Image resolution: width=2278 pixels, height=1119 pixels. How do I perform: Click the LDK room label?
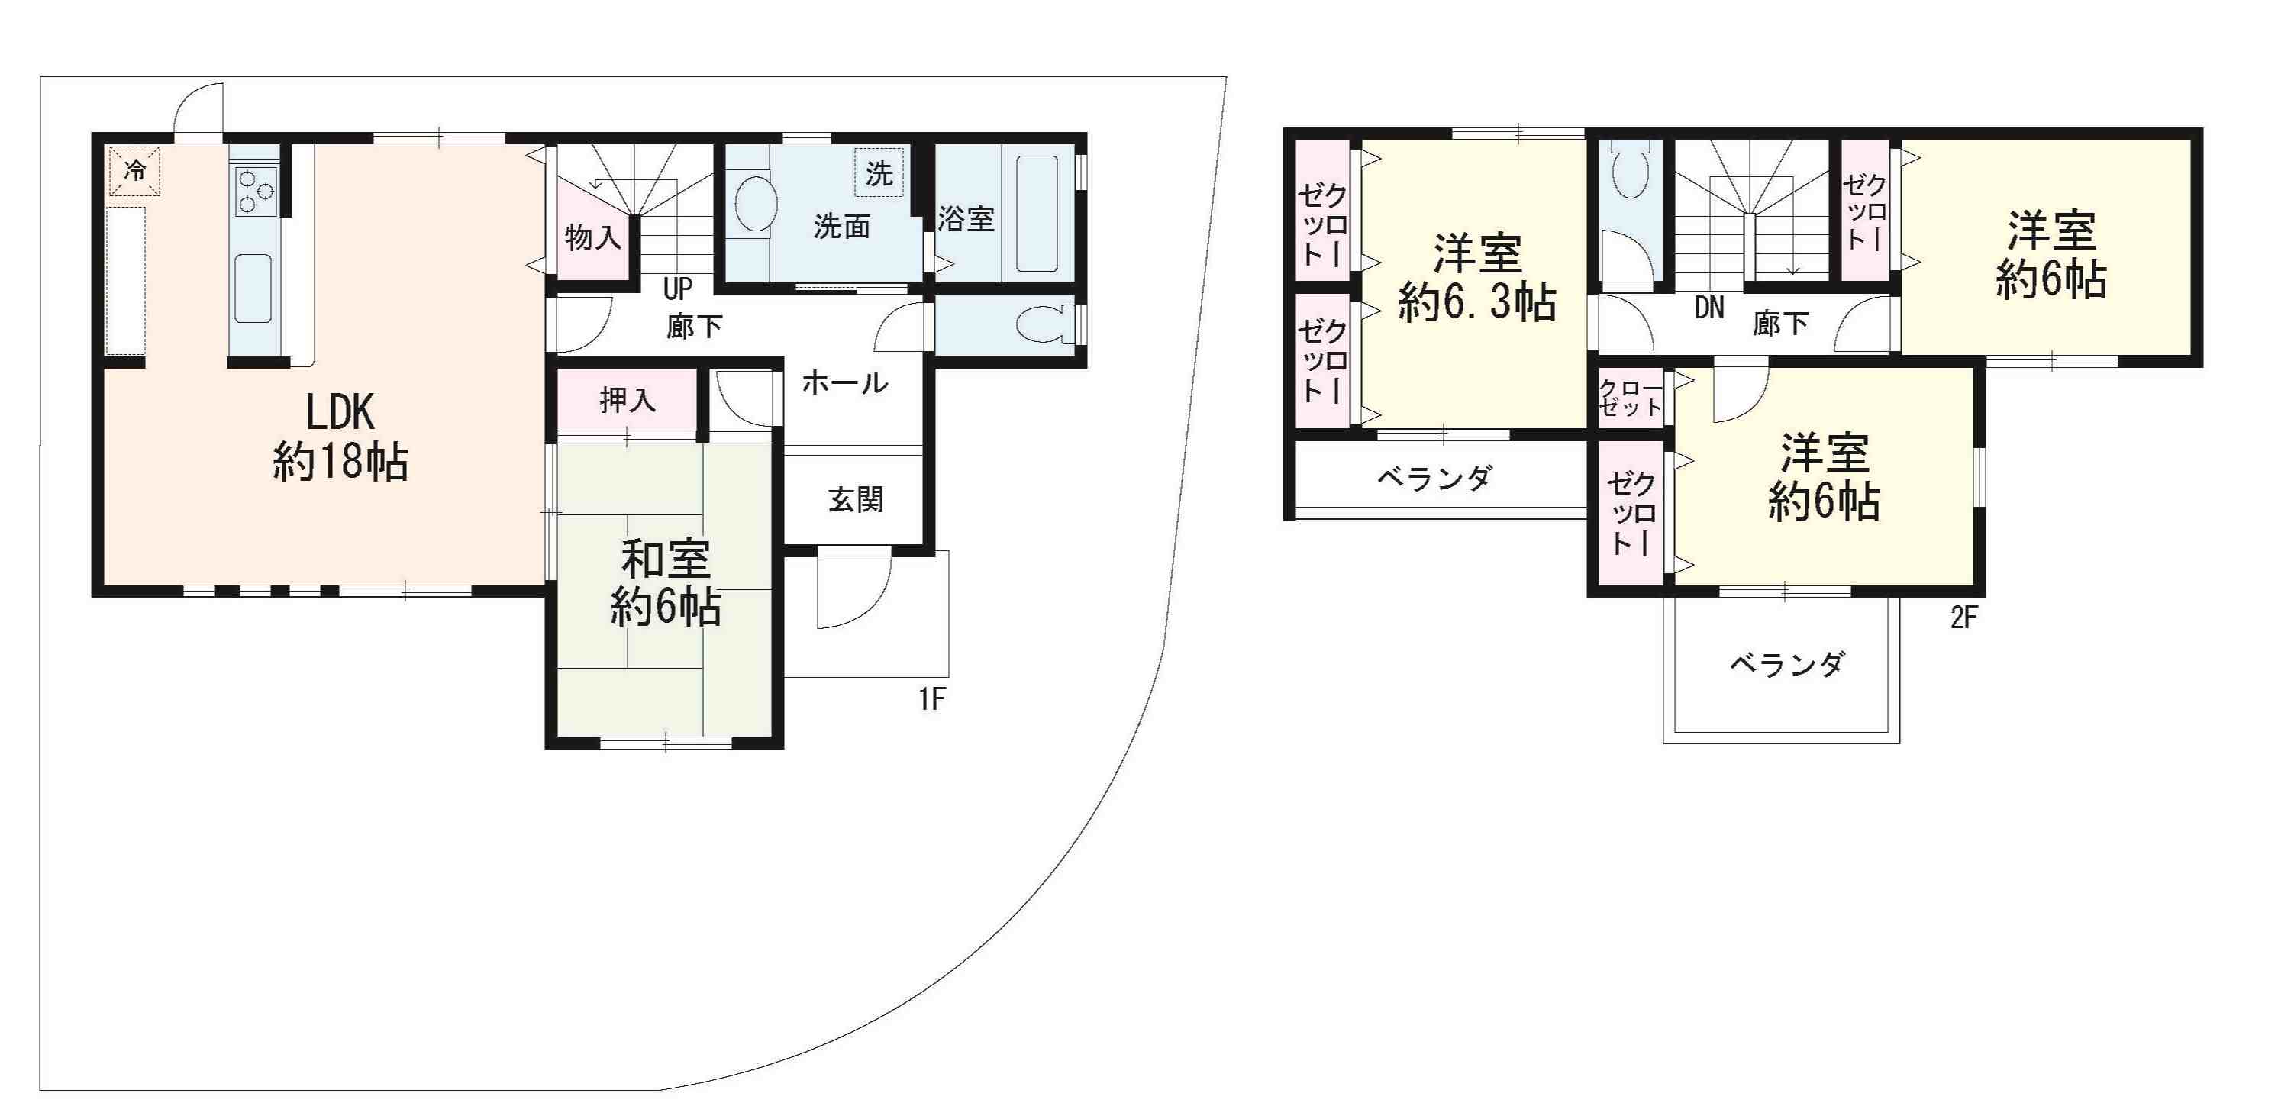(x=340, y=437)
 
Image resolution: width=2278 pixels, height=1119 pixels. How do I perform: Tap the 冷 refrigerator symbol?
(x=134, y=170)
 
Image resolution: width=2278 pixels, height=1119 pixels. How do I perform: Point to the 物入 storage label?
(x=592, y=237)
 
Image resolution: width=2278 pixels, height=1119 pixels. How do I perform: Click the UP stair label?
(x=678, y=289)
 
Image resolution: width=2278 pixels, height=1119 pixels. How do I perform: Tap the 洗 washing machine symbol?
(x=879, y=173)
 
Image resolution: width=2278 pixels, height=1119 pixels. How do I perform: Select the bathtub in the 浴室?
(x=1037, y=214)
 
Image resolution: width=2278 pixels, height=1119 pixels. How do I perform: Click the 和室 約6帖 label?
(x=665, y=583)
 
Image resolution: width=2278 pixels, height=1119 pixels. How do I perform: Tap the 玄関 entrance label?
(x=856, y=499)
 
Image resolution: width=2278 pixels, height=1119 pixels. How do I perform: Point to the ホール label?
(x=844, y=382)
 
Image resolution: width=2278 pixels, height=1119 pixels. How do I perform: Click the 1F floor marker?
(x=932, y=700)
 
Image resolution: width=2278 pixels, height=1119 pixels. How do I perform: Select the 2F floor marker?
(x=1963, y=618)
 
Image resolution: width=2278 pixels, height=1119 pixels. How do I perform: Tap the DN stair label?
(x=1709, y=308)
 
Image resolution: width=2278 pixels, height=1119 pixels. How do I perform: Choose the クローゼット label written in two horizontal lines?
(x=1631, y=398)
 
